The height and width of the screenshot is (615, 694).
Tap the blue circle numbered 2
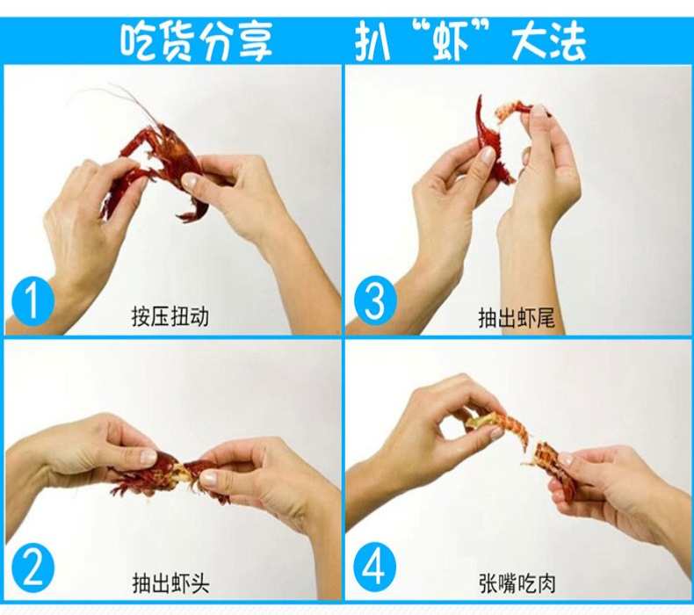click(33, 569)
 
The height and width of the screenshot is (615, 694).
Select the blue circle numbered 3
click(374, 301)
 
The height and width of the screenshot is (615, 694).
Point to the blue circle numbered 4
click(374, 569)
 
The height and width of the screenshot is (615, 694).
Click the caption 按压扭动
click(170, 316)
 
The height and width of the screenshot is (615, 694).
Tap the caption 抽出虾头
click(170, 582)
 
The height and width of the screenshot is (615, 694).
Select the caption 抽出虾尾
click(516, 317)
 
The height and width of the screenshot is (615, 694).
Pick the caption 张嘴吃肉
click(517, 582)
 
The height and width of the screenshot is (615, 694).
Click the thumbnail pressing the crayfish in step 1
click(192, 180)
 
